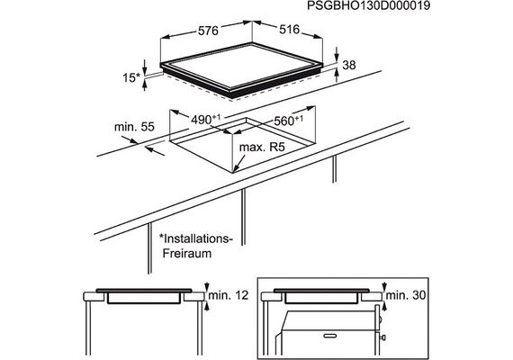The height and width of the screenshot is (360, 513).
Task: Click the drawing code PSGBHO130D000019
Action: tap(368, 6)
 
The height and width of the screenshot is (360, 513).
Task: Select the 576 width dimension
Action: tap(208, 31)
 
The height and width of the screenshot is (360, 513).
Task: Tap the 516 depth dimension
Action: tap(289, 30)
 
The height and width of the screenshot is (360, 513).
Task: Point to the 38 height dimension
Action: tap(349, 65)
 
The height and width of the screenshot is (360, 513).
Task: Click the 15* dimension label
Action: tap(130, 78)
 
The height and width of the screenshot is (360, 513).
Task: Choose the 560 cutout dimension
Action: tap(288, 121)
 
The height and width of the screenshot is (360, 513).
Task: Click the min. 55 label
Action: tap(134, 127)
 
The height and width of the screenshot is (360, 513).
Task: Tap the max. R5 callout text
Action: tap(262, 148)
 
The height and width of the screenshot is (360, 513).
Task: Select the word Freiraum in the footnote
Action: tap(187, 253)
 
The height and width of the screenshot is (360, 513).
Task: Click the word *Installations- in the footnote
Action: tap(195, 238)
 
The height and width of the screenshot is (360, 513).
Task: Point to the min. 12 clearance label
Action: tap(229, 295)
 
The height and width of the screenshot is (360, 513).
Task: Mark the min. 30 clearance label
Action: tap(406, 295)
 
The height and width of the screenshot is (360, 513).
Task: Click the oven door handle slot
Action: tap(330, 336)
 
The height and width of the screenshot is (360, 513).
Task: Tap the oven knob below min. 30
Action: tap(382, 337)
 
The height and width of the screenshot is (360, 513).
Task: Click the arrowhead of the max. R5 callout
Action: tap(236, 169)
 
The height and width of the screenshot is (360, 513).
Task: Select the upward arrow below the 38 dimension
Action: tap(337, 76)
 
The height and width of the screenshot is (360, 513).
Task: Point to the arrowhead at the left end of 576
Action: tap(166, 38)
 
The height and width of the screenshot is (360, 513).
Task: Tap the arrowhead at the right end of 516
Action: tap(319, 37)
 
